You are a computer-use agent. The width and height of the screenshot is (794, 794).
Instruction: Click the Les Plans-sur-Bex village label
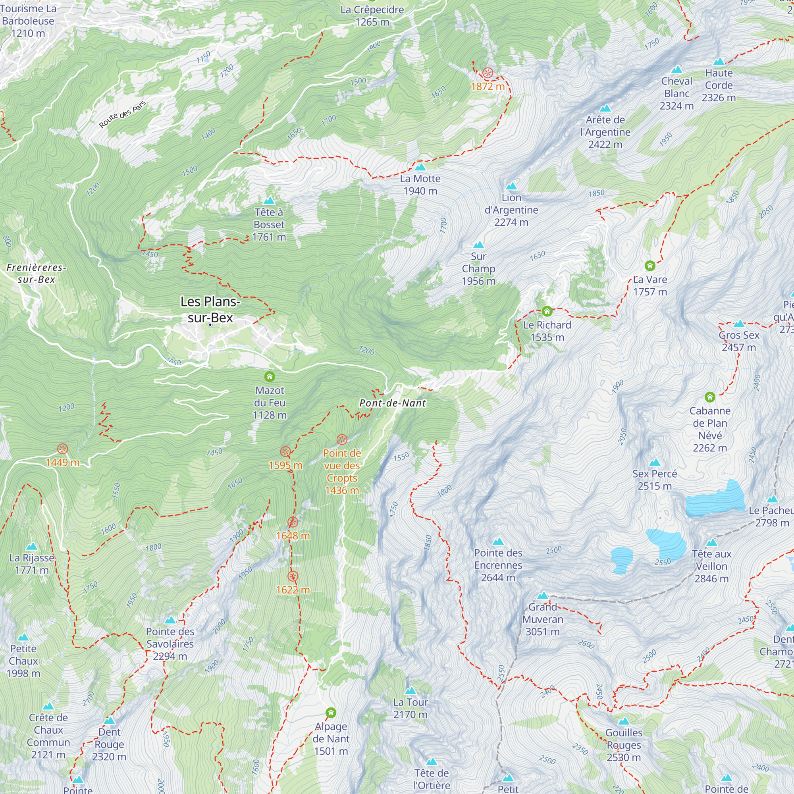coord(210,310)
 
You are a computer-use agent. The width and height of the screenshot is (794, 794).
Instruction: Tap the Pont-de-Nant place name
coord(393,403)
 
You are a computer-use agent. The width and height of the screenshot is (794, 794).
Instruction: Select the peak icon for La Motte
coord(420,167)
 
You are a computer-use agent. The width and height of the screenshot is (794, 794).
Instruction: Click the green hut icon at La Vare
coord(650,266)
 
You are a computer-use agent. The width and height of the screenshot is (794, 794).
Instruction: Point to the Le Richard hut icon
coord(547,311)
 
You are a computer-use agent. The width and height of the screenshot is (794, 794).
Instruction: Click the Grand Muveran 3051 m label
coord(542,619)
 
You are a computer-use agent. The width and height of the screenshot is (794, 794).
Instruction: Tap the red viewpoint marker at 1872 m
coord(488,73)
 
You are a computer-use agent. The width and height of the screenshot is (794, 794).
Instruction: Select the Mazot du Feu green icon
coord(270,376)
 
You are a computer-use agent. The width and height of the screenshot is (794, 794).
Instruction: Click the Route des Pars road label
coord(122,115)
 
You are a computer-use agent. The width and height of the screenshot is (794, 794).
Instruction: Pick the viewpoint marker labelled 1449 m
coord(62,449)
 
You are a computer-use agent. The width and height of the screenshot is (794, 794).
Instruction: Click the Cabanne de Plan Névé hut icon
coord(710,397)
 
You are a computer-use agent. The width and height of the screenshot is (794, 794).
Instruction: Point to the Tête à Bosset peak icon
coord(269,201)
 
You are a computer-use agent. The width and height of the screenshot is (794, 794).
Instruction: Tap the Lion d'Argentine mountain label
coord(511,210)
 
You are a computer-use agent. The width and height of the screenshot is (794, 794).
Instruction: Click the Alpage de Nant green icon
coord(331,713)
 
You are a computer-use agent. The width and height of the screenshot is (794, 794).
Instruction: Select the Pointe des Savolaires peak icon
coord(170,620)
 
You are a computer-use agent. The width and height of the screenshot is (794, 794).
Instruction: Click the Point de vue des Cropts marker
coord(342,440)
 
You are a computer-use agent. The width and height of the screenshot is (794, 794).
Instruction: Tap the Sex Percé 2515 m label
coord(655,480)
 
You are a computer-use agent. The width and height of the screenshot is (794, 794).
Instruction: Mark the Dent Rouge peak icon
coord(109,721)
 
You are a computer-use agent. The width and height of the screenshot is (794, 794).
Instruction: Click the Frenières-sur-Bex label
coord(36,273)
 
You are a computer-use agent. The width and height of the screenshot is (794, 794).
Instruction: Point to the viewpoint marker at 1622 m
coord(293,576)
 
